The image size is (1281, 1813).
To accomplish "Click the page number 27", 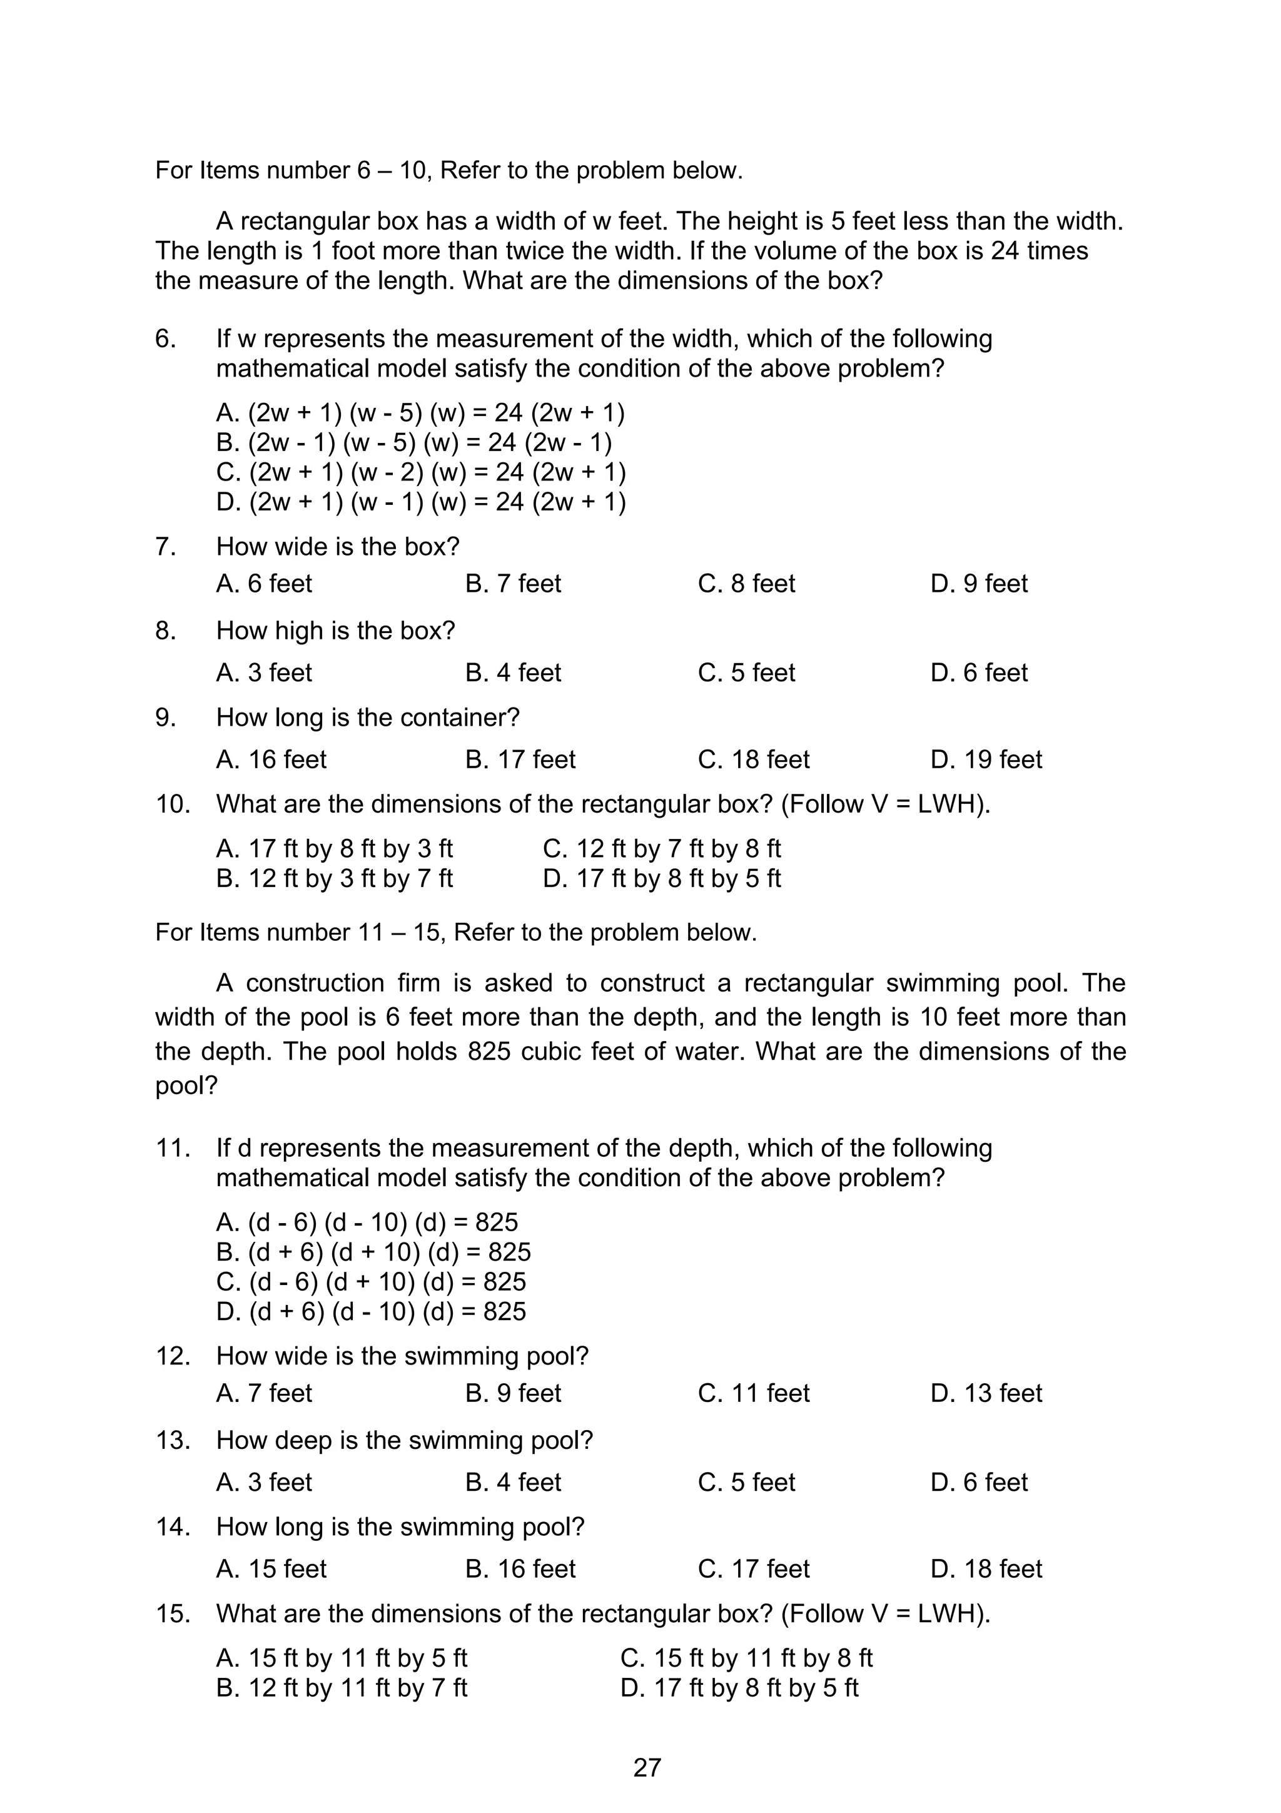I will point(646,1767).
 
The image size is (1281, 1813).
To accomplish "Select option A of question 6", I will point(420,413).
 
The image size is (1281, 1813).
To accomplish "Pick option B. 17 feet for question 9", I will point(520,759).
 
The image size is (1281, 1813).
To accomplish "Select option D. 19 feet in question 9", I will point(986,759).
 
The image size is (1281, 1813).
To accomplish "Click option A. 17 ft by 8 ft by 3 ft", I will point(335,849).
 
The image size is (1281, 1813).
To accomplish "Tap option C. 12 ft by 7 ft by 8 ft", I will point(661,849).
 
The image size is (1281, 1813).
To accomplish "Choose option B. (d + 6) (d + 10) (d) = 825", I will point(373,1252).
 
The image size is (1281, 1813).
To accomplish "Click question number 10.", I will point(173,805).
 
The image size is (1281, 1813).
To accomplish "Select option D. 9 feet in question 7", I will point(979,584).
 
